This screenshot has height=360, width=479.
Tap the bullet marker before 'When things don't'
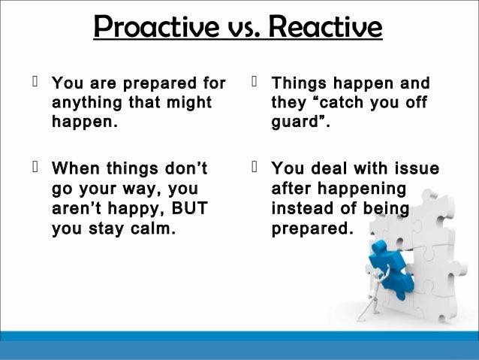click(35, 167)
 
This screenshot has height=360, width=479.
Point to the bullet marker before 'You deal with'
click(256, 167)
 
